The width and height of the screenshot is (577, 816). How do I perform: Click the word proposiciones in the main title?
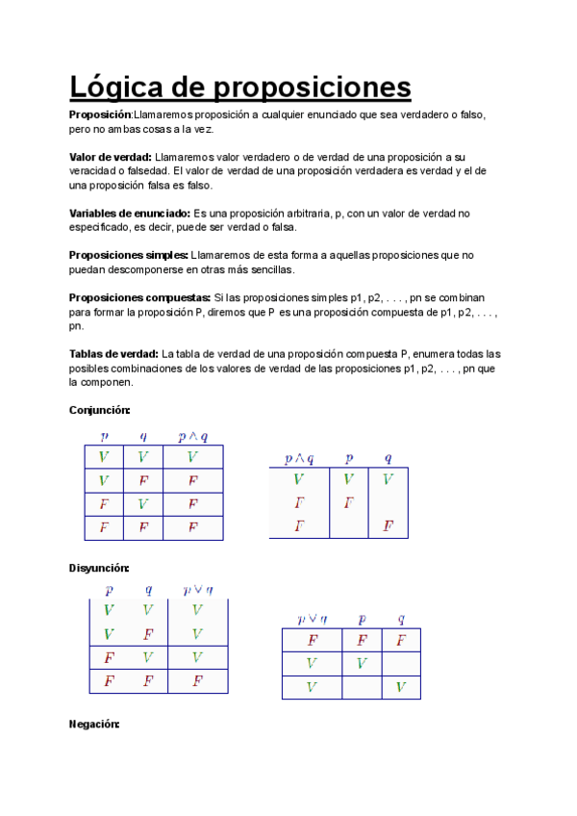coord(311,89)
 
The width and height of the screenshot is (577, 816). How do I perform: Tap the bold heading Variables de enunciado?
coord(130,213)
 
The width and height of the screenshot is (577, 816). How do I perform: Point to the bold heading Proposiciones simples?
coord(128,255)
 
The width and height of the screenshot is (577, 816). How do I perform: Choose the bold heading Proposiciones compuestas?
coord(139,297)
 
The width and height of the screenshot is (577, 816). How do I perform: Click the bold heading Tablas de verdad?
coord(114,354)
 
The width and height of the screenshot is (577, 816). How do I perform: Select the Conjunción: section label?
coord(99,410)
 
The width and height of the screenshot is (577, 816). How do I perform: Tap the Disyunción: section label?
coord(99,568)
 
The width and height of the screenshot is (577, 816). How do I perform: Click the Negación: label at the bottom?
coord(94,724)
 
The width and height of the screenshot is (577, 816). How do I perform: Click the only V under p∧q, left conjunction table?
coord(193,457)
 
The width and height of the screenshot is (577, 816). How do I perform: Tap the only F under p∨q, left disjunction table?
coord(197,681)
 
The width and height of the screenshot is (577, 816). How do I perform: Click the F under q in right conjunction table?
coord(388,526)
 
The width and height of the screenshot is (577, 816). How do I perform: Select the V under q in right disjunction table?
coord(400,687)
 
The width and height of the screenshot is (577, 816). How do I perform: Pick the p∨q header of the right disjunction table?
coord(312,619)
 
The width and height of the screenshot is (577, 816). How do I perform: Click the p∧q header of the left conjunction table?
coord(193,436)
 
